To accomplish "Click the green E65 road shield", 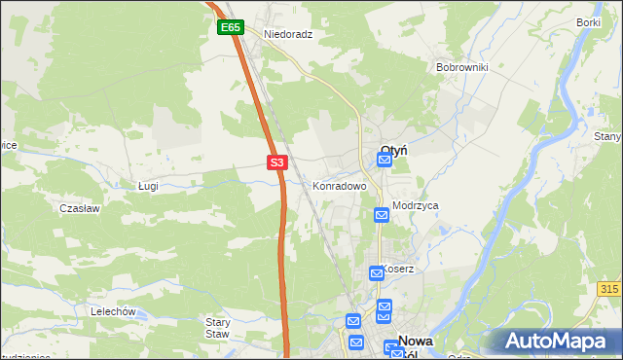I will point(230,28).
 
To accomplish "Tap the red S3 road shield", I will point(277,162).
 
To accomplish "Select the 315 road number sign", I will point(609,290).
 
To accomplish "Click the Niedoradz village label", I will point(288,33).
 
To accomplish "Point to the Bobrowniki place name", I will point(462,67).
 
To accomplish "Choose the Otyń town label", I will point(392,150).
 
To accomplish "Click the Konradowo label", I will point(339,185).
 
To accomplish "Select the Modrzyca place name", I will point(416,206).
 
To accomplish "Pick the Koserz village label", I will point(398,269).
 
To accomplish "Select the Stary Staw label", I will point(217,327).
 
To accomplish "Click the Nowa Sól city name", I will point(416,347).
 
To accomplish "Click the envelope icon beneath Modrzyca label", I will point(382,214).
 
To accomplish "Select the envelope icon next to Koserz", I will point(376,274).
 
